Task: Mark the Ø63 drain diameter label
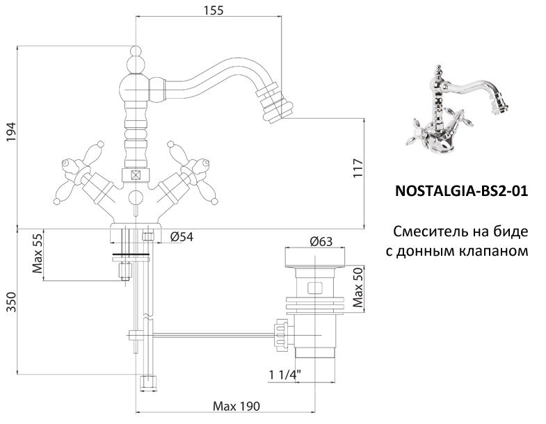pyautogui.click(x=321, y=241)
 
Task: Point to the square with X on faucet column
pyautogui.click(x=136, y=176)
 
